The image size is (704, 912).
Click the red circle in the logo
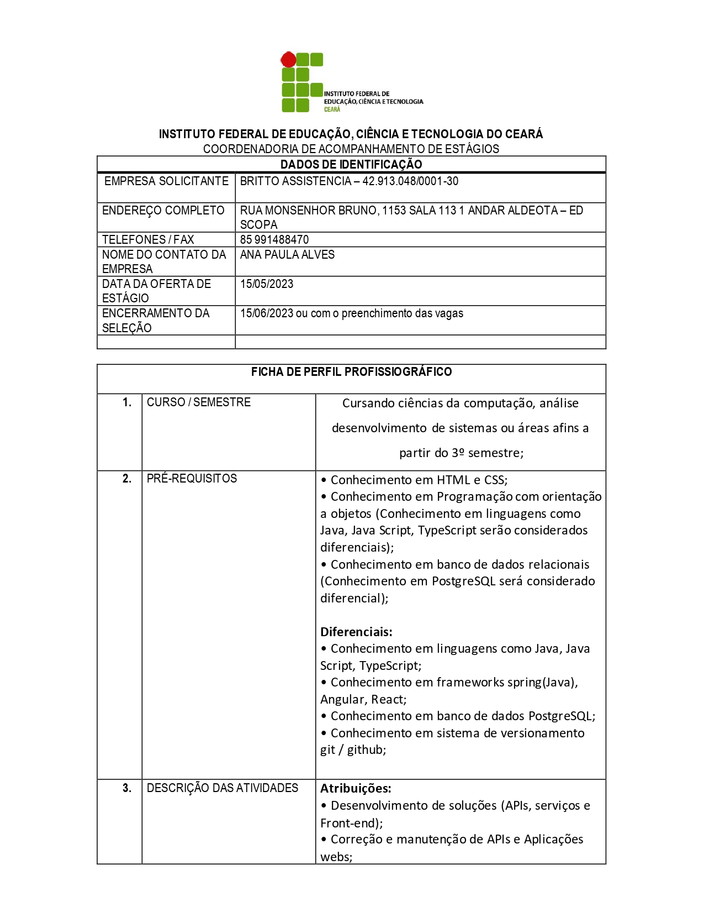click(x=288, y=59)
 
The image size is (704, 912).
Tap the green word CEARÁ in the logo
click(x=332, y=109)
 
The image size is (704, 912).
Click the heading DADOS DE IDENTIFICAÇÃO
click(x=351, y=164)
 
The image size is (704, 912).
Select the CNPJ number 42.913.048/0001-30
click(x=410, y=181)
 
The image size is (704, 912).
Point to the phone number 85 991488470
click(x=274, y=240)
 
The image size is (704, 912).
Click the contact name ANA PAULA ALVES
click(x=287, y=255)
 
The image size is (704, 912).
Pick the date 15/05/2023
click(x=267, y=284)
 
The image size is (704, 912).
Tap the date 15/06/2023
click(x=267, y=313)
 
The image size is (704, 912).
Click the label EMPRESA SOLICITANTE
click(x=166, y=181)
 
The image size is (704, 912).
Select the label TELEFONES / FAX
click(x=148, y=240)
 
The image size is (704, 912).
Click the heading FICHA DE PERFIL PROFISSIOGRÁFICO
click(x=351, y=372)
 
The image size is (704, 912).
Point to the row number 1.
click(x=127, y=402)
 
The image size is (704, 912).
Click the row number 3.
click(x=127, y=788)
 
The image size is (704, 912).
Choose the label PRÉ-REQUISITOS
click(x=192, y=479)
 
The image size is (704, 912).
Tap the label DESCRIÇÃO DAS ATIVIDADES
click(x=223, y=788)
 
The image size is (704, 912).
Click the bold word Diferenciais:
click(x=356, y=632)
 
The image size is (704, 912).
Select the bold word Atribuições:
click(x=356, y=788)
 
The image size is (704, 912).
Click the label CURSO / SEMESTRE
click(x=199, y=402)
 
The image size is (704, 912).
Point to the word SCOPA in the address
click(x=258, y=225)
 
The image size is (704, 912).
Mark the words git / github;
click(x=353, y=750)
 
